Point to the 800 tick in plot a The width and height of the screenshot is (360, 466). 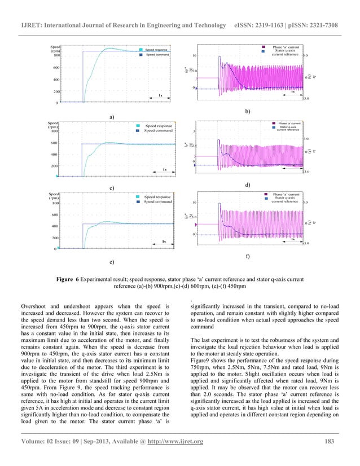pyautogui.click(x=57, y=56)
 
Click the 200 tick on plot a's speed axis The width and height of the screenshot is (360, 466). pyautogui.click(x=57, y=91)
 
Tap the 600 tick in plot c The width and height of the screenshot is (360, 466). pyautogui.click(x=54, y=143)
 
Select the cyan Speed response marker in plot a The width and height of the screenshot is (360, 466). pyautogui.click(x=141, y=50)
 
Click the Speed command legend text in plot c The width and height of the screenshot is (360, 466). pyautogui.click(x=157, y=131)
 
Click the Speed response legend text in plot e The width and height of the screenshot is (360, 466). pyautogui.click(x=157, y=197)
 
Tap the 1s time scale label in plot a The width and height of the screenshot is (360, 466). pyautogui.click(x=161, y=95)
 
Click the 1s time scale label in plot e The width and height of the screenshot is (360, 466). pyautogui.click(x=164, y=241)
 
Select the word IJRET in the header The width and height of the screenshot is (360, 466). pyautogui.click(x=33, y=11)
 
